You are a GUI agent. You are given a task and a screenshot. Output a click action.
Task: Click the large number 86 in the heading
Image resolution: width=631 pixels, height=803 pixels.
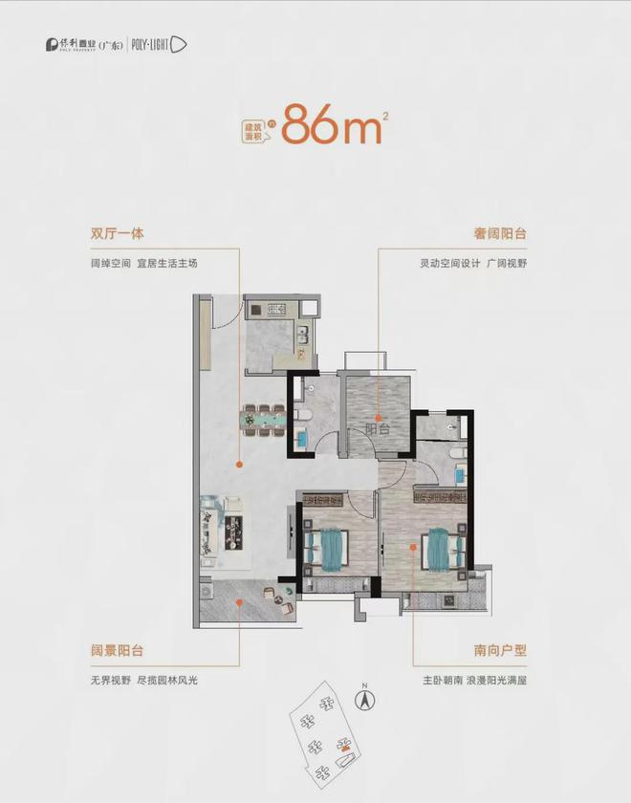tap(309, 127)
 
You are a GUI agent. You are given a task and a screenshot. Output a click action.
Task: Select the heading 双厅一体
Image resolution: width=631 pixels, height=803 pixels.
tap(118, 233)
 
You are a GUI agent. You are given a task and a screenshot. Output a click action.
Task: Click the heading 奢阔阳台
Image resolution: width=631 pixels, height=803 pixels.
tap(501, 233)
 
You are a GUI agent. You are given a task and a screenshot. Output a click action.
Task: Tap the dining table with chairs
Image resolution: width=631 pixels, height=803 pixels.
tap(263, 417)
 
